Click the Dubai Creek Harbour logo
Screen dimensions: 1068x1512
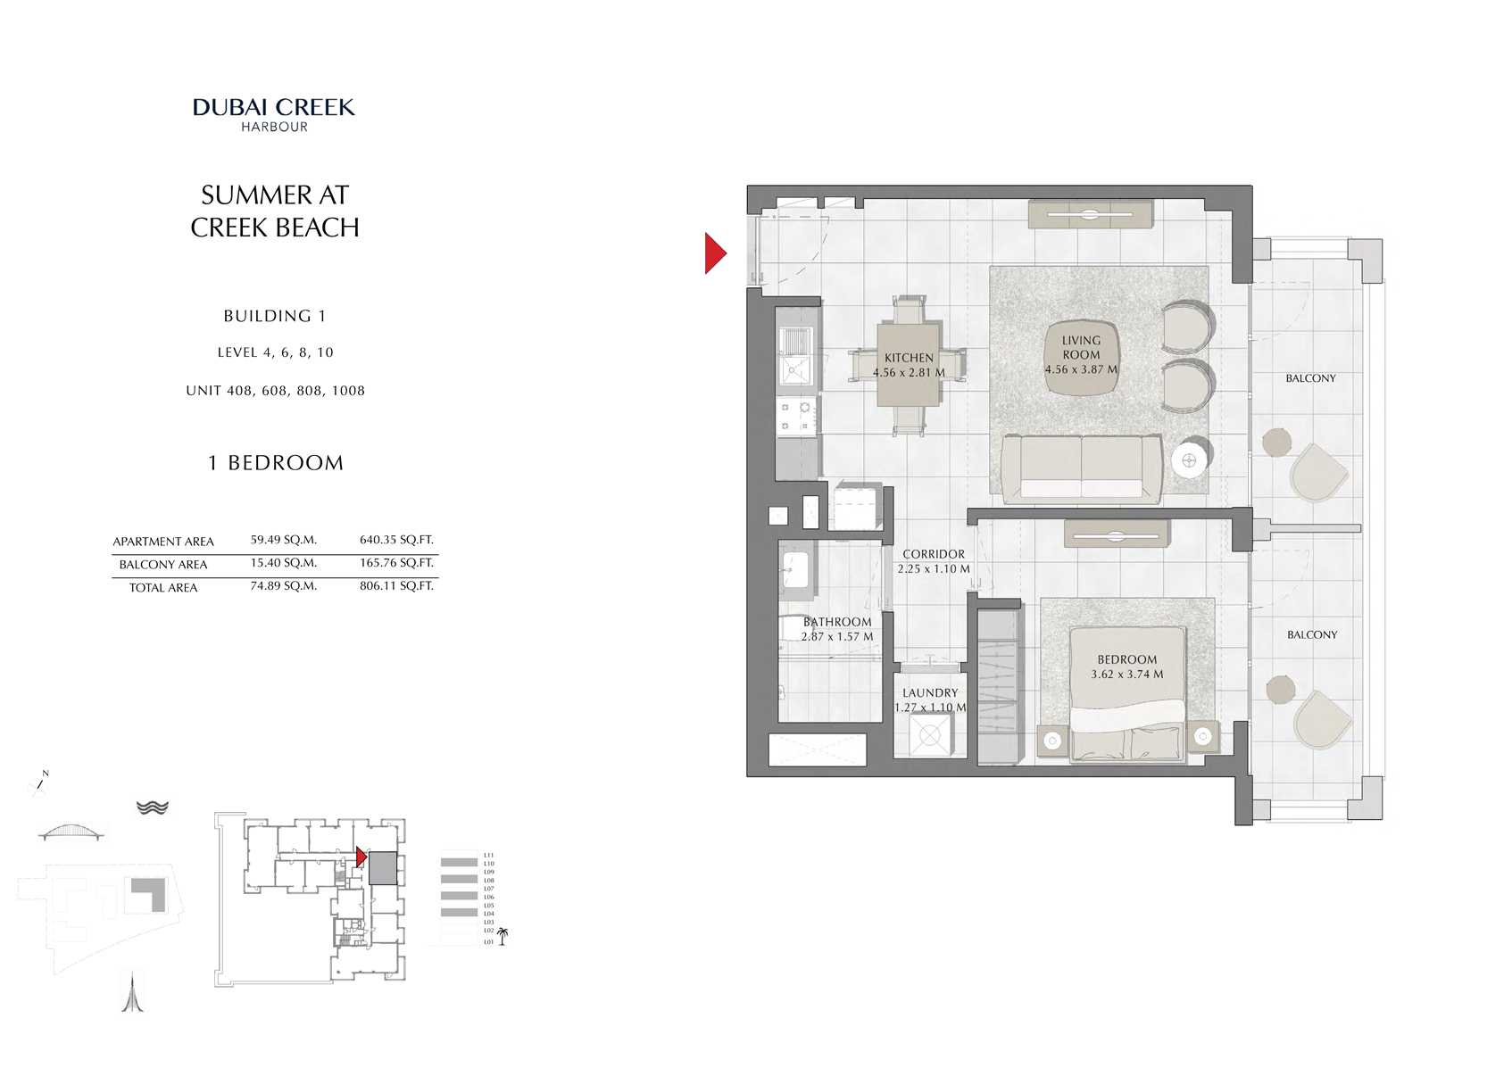click(274, 114)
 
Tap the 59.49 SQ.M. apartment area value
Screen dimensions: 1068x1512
click(283, 540)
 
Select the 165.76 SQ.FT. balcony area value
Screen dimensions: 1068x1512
click(396, 563)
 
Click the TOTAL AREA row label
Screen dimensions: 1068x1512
click(163, 588)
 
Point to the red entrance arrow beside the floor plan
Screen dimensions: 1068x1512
click(715, 253)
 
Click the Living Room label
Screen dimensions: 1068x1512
click(1081, 347)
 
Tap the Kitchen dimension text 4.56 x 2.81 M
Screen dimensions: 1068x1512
click(909, 373)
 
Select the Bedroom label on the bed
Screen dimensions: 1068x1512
click(1126, 659)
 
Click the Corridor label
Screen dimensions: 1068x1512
click(934, 554)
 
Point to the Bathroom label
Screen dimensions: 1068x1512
click(837, 622)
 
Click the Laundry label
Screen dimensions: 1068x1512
click(930, 692)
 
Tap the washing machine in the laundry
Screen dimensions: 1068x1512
click(929, 735)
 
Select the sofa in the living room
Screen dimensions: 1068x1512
click(1082, 466)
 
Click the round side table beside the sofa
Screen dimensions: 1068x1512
click(1189, 460)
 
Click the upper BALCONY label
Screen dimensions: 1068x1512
click(1310, 378)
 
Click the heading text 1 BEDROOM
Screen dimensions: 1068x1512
click(276, 463)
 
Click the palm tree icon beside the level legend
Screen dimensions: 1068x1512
click(503, 936)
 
